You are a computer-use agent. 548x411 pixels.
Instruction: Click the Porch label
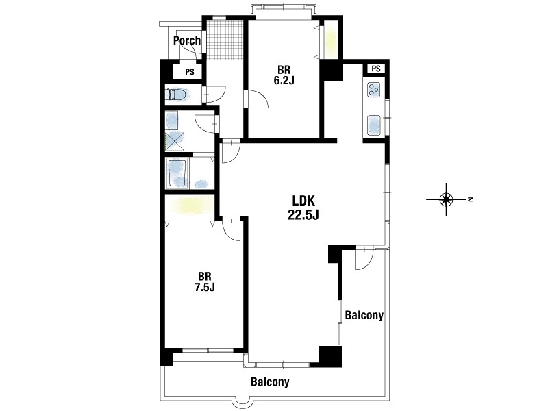click(187, 40)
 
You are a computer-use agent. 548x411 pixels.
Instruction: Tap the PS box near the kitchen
click(375, 68)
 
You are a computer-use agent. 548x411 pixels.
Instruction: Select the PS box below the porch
click(190, 72)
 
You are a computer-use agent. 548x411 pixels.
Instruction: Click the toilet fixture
click(178, 95)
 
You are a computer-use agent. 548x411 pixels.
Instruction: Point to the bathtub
click(178, 173)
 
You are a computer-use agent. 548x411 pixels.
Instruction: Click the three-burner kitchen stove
click(373, 89)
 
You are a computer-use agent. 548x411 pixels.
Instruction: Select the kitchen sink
click(373, 125)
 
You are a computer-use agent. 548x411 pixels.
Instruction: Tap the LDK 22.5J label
click(303, 208)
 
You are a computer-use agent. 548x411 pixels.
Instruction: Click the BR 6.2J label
click(284, 75)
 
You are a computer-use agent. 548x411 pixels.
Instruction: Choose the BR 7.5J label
click(204, 282)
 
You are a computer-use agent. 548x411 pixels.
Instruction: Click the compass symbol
click(446, 199)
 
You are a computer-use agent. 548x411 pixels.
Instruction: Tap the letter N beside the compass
click(471, 199)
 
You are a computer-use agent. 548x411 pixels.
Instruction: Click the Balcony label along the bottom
click(270, 382)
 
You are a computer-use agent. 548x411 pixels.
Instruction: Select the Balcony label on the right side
click(364, 315)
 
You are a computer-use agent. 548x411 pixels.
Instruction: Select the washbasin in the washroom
click(173, 120)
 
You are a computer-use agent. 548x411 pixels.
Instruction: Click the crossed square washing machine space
click(175, 141)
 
